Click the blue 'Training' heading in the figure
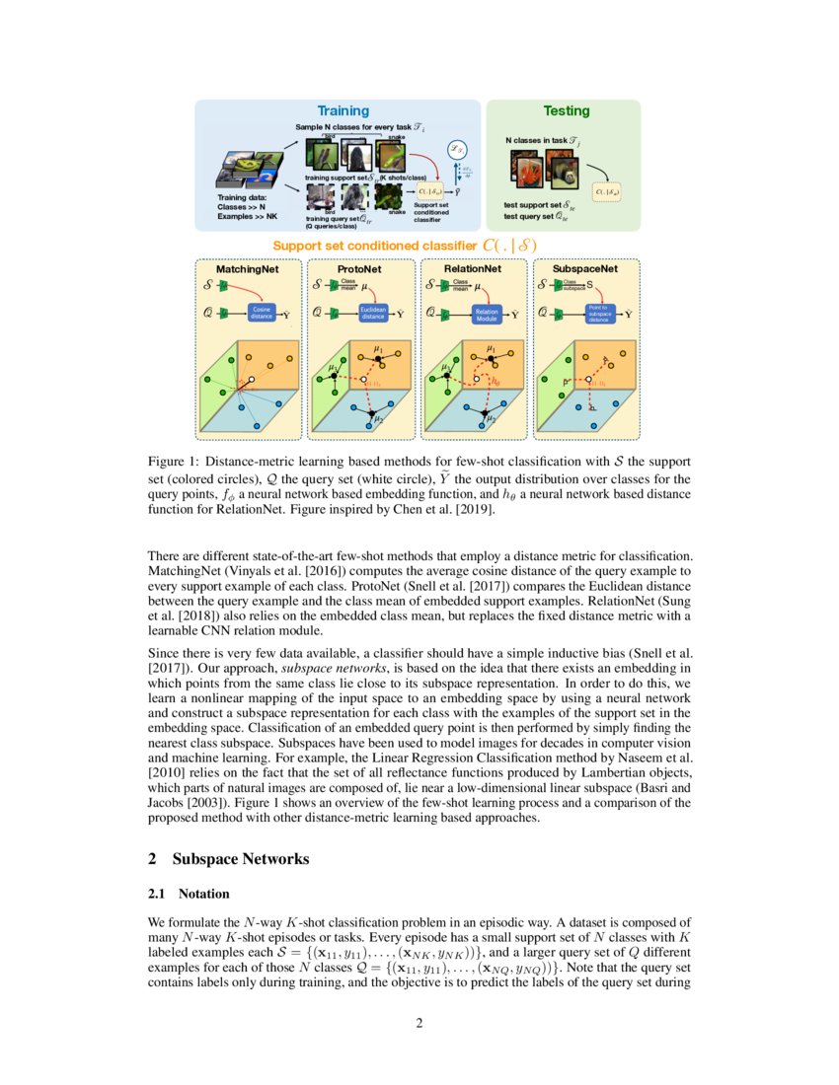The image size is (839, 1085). point(343,111)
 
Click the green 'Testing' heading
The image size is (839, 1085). point(567,111)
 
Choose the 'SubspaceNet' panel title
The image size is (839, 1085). point(586,268)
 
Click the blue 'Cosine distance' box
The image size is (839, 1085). point(262,313)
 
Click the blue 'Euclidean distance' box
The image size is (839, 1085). point(373,313)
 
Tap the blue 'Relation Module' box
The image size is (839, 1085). point(486,313)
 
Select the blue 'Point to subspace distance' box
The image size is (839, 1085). point(598,313)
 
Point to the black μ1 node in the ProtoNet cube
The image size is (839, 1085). point(378,357)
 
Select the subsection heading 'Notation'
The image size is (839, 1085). point(203,894)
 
